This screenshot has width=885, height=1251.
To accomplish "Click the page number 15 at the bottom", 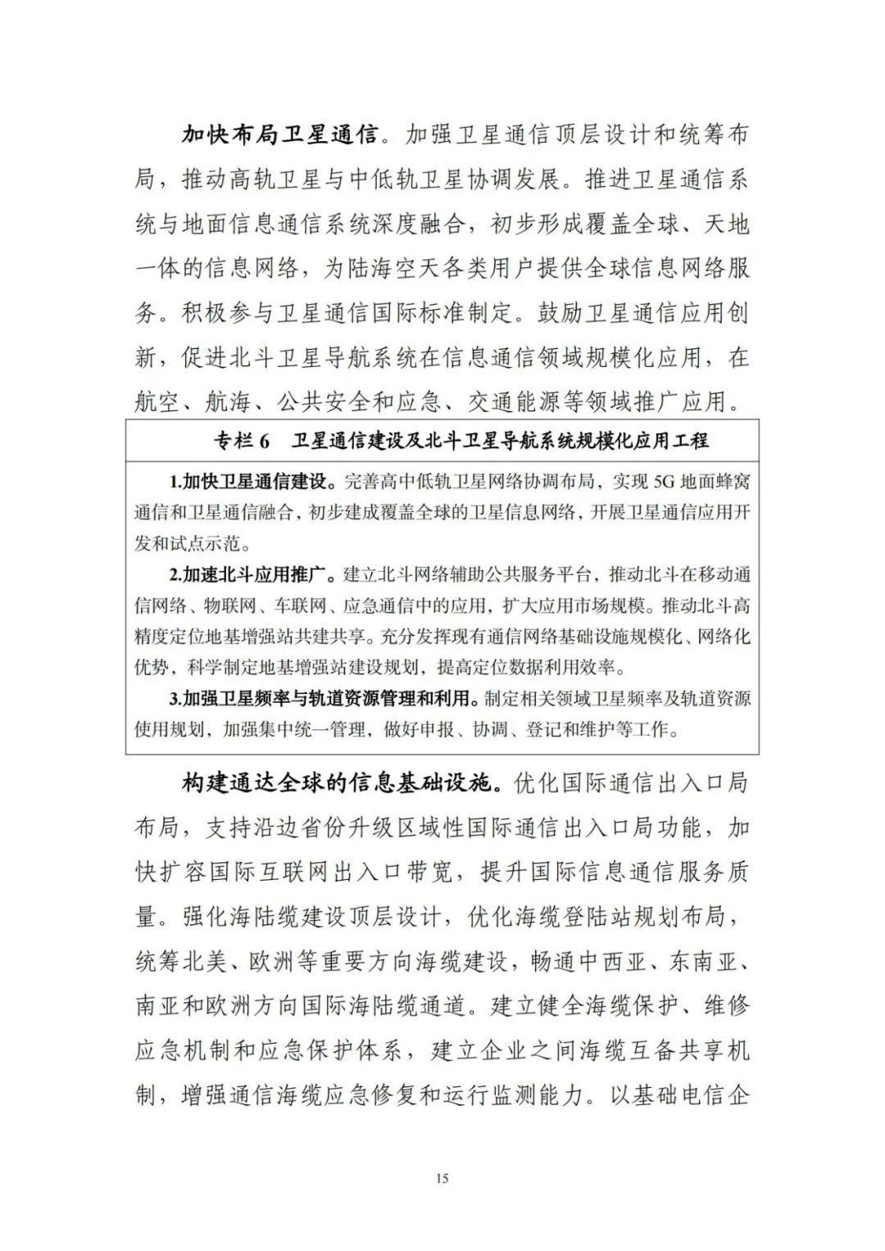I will pyautogui.click(x=442, y=1179).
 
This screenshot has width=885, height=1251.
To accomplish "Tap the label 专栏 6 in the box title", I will pyautogui.click(x=242, y=441).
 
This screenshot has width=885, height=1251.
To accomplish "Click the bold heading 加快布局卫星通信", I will pyautogui.click(x=280, y=134).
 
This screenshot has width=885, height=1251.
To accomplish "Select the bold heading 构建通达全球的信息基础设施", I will pyautogui.click(x=339, y=783).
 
